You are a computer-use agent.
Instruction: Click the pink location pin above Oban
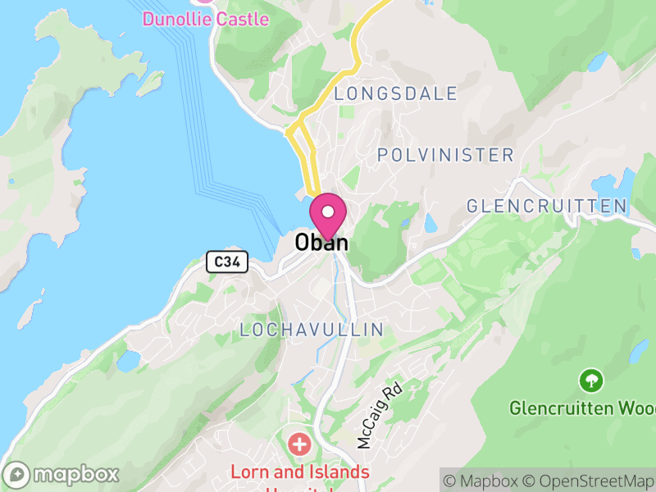(x=328, y=215)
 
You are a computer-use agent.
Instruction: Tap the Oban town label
(x=321, y=243)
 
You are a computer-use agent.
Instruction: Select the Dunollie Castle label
(x=206, y=18)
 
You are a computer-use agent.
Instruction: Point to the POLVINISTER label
(x=445, y=155)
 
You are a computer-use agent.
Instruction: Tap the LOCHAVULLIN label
(x=312, y=330)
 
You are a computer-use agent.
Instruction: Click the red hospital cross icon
(x=299, y=445)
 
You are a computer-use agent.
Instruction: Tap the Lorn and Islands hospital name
(x=299, y=473)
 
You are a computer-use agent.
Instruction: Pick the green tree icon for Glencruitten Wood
(x=590, y=380)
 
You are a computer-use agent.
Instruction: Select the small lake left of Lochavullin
(x=128, y=360)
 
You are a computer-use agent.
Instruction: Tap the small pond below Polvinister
(x=430, y=222)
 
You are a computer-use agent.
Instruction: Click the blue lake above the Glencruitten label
(x=626, y=182)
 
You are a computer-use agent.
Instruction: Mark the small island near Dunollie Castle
(x=150, y=82)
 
